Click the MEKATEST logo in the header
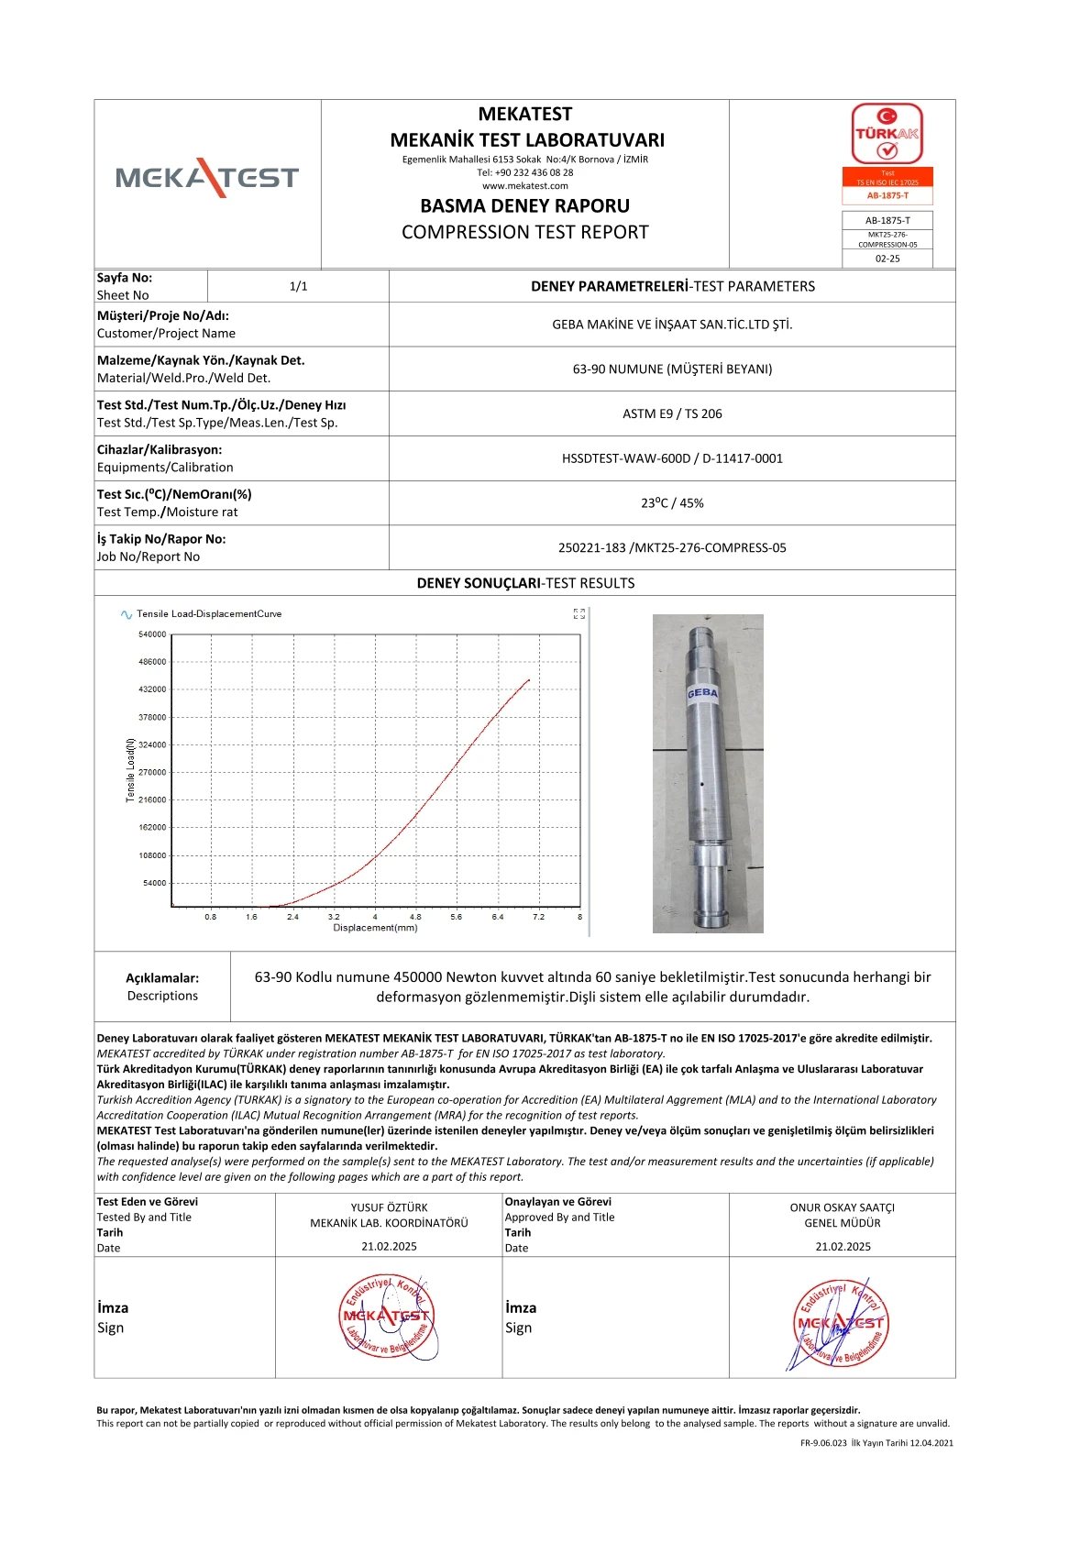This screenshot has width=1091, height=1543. (207, 177)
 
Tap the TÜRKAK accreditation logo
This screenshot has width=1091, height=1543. (887, 134)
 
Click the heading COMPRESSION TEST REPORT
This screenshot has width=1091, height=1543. (524, 232)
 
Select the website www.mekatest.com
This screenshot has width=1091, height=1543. (524, 186)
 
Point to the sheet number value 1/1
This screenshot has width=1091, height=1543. (298, 286)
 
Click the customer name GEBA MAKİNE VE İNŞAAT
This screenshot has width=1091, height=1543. (672, 325)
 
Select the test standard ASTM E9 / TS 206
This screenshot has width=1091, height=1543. (672, 413)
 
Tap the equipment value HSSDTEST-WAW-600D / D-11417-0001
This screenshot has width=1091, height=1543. (672, 458)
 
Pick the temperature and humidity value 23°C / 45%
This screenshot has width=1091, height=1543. (672, 502)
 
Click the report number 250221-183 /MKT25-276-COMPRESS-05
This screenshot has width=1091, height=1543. (672, 547)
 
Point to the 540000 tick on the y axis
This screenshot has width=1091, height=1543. (152, 634)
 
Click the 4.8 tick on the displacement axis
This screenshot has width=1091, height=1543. (415, 917)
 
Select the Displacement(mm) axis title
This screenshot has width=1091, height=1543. (375, 928)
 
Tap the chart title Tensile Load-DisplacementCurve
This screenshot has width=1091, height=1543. (209, 614)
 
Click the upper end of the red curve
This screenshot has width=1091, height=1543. (529, 679)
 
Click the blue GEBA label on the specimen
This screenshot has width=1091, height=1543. (702, 692)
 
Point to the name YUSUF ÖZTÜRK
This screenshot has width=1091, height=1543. (389, 1207)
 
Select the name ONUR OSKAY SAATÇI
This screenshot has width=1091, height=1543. (842, 1207)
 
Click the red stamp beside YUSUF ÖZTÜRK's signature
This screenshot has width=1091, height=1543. (387, 1317)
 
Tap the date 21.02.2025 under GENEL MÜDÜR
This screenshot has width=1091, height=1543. (843, 1247)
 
